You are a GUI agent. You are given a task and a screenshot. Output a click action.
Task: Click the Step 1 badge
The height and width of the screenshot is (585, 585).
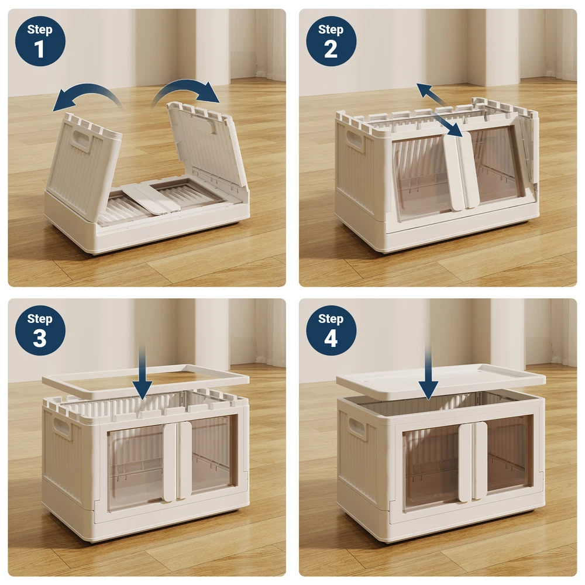[40, 41]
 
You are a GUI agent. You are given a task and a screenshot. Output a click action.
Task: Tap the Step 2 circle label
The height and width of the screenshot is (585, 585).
[331, 41]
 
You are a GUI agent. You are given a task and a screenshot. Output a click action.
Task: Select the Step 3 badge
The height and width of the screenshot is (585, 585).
[40, 331]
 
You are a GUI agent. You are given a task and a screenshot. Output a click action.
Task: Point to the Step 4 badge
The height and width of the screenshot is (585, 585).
[331, 331]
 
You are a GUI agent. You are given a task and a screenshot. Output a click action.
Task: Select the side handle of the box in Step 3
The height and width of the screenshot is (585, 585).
[61, 428]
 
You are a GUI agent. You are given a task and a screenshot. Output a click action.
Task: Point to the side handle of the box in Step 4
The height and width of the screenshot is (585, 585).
[357, 427]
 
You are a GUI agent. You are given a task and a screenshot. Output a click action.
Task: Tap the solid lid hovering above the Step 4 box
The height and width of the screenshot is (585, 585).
[441, 381]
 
